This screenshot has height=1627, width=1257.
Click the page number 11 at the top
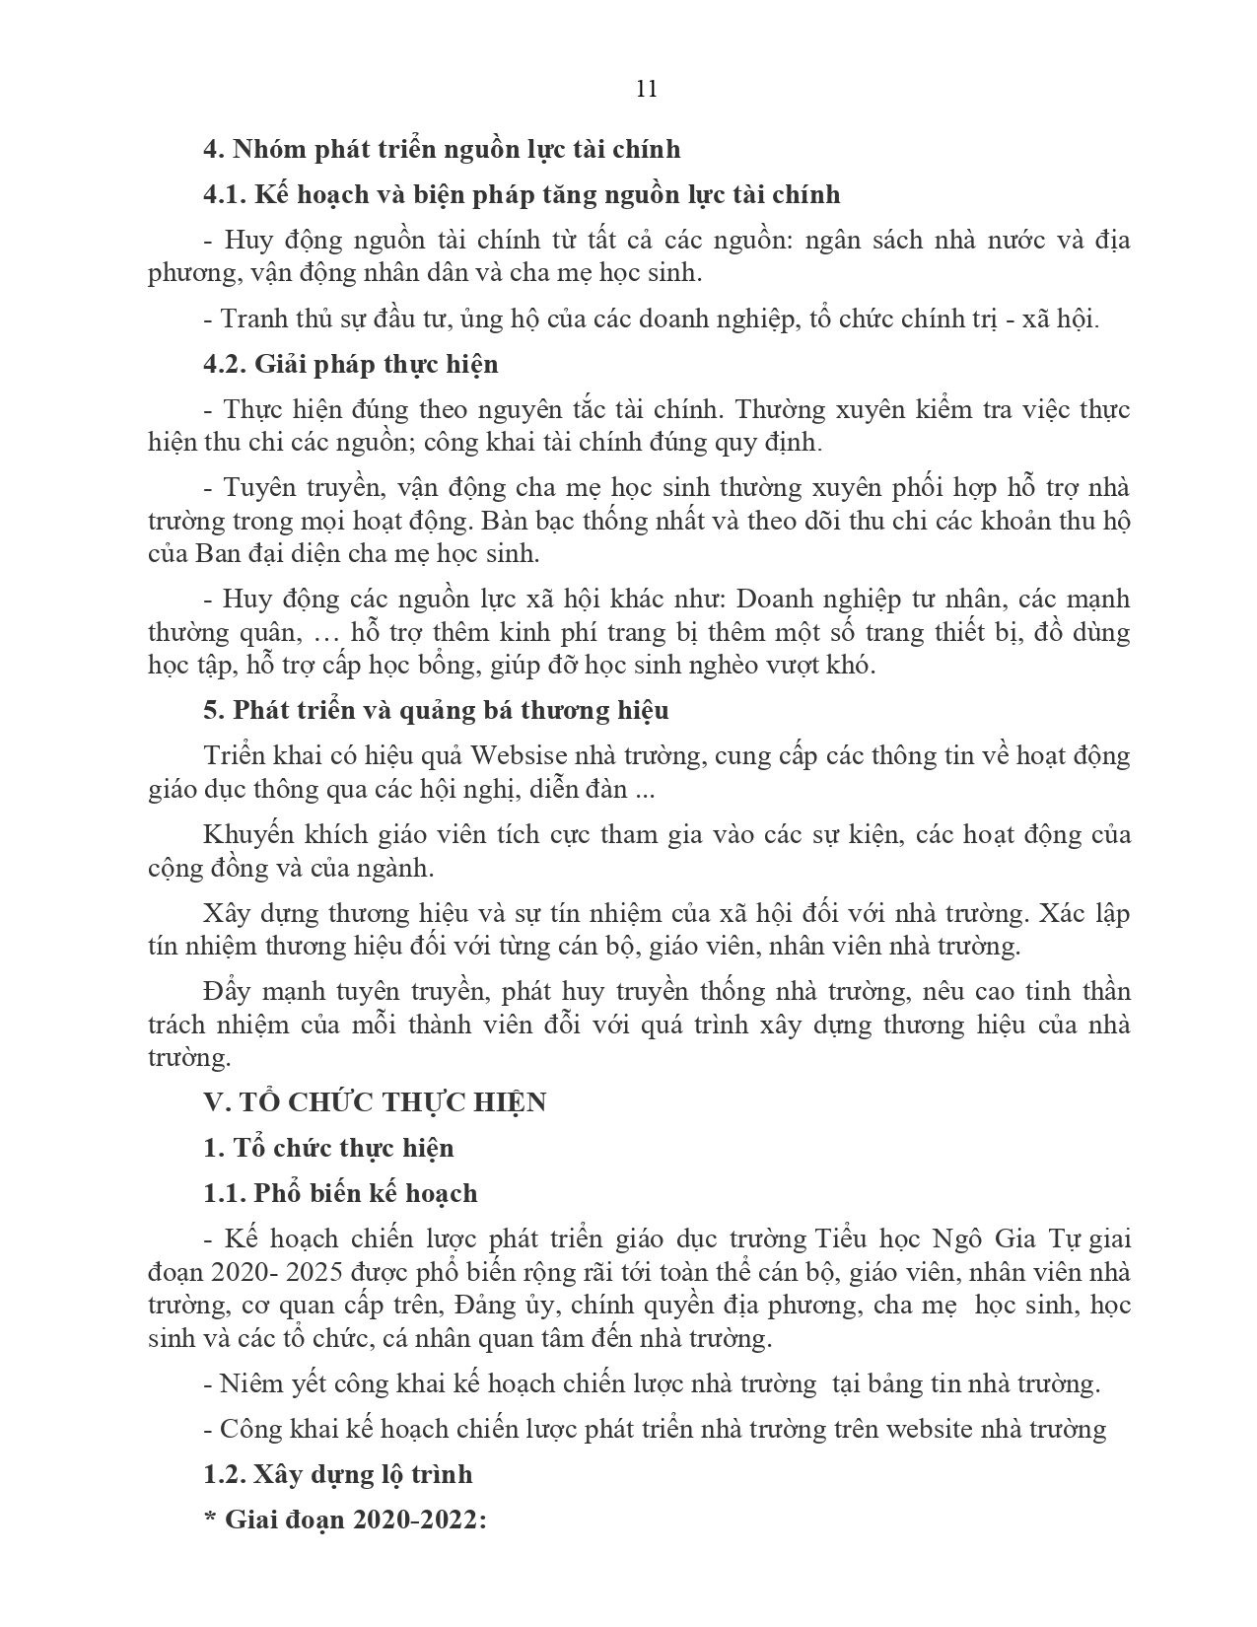[647, 89]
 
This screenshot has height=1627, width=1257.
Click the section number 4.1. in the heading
[224, 194]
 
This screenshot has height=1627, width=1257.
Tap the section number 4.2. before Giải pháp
[224, 364]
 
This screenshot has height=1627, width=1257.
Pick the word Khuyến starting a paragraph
[248, 834]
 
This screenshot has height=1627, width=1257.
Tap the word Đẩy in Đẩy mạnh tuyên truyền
[222, 991]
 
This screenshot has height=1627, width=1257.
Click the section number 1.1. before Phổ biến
[224, 1193]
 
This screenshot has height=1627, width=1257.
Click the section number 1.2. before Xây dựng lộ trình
[224, 1474]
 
